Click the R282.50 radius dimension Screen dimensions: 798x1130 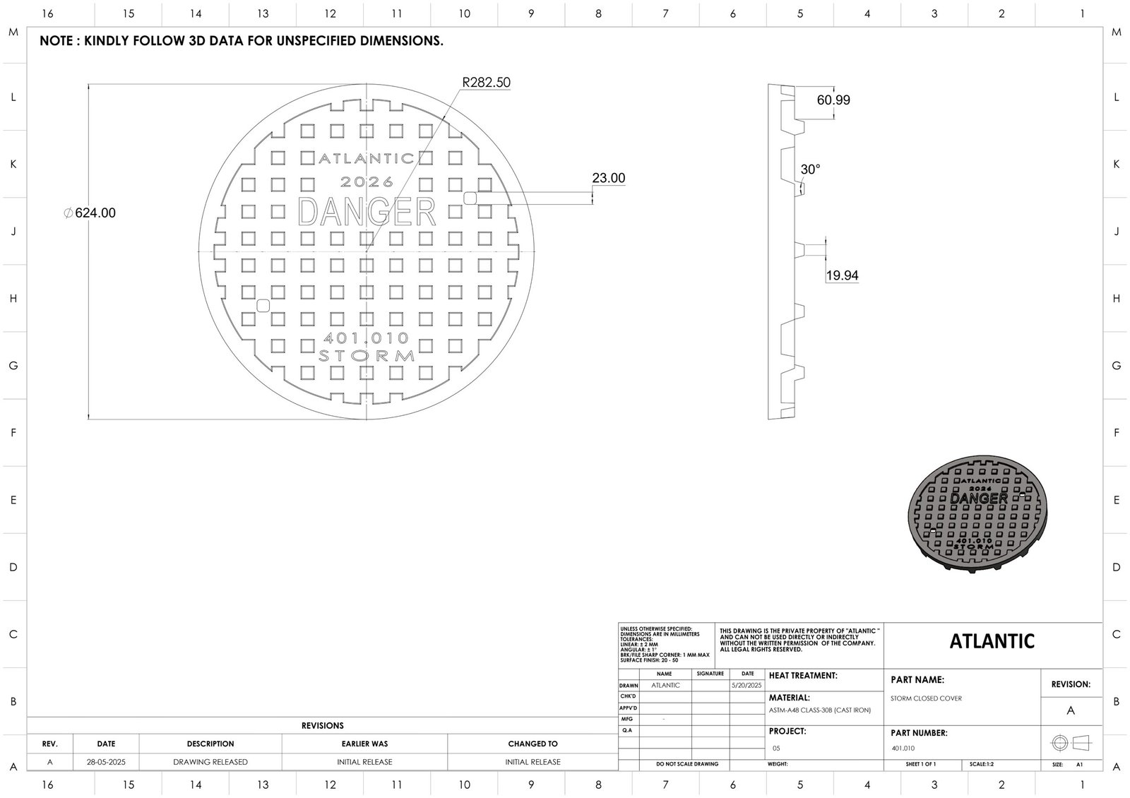point(486,83)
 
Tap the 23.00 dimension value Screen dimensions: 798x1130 point(608,178)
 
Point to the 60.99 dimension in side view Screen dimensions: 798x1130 point(833,100)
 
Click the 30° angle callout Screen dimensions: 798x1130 point(810,169)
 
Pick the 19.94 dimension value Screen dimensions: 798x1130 point(842,275)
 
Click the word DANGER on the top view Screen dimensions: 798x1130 point(367,211)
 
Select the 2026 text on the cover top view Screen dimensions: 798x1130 point(367,182)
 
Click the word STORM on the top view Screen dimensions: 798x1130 point(367,355)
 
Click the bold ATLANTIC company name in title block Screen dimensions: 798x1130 point(992,641)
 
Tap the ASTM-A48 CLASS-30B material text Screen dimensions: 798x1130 point(819,710)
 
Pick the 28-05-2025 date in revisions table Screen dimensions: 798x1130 point(106,762)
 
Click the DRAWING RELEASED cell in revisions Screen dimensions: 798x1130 point(210,762)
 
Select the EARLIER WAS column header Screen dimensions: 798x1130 point(364,744)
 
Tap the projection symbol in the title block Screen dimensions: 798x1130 point(1071,743)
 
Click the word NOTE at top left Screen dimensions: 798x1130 point(56,41)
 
